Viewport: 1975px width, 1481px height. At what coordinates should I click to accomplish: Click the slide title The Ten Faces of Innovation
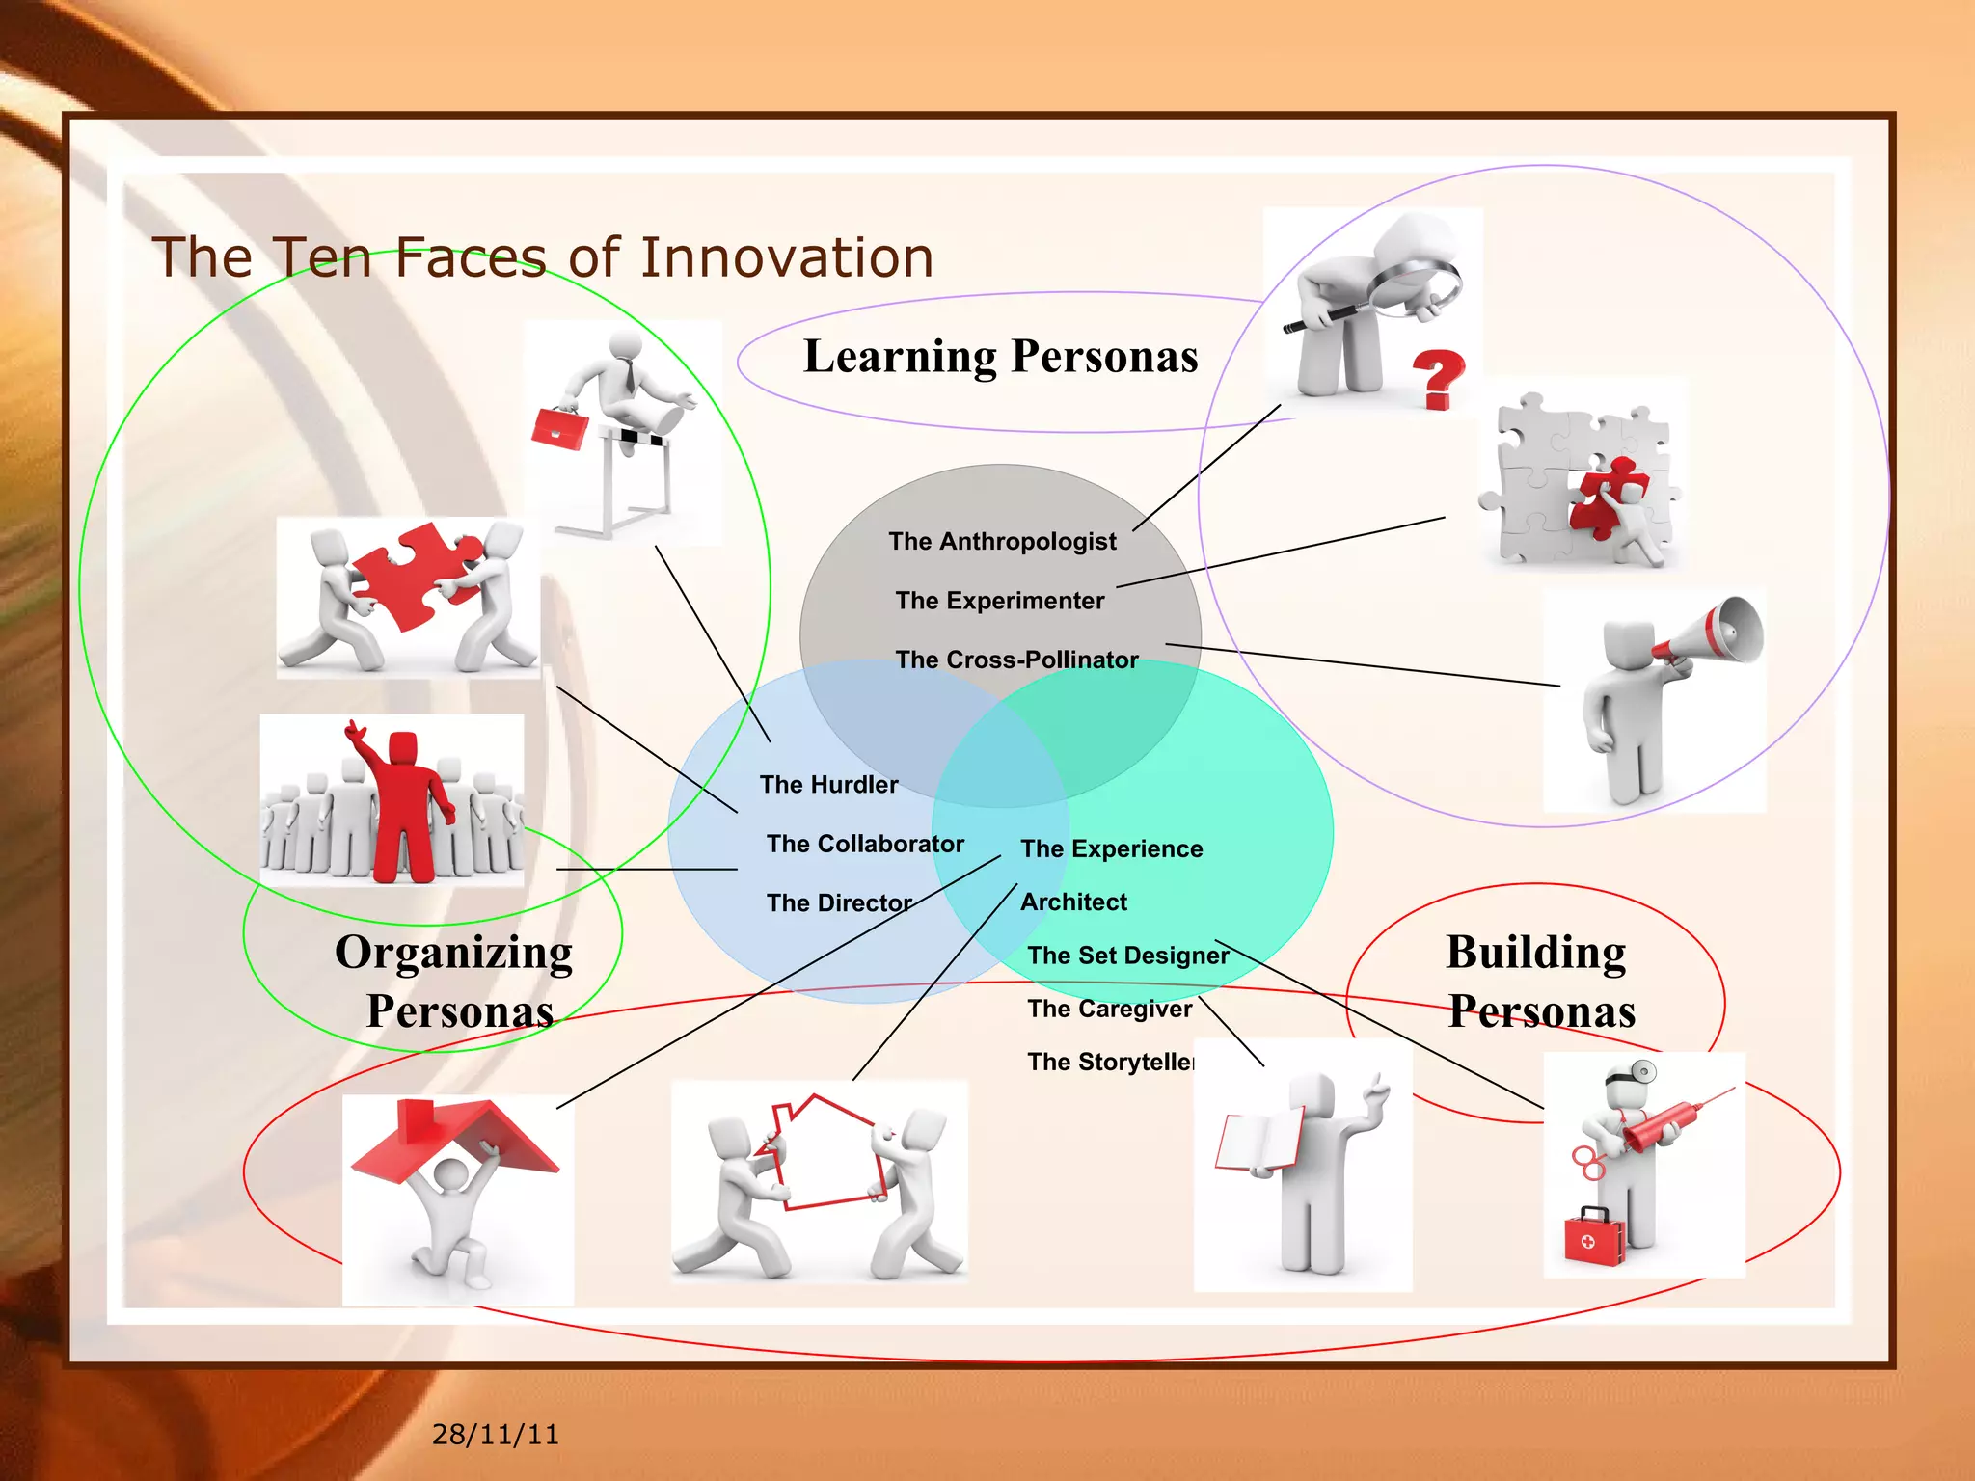[x=543, y=257]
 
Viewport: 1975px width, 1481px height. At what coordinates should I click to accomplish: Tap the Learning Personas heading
[x=1000, y=357]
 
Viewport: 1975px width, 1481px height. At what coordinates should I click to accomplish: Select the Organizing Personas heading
[x=455, y=982]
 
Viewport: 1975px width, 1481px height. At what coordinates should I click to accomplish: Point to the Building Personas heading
[x=1539, y=982]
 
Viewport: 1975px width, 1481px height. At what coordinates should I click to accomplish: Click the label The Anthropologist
[x=1002, y=541]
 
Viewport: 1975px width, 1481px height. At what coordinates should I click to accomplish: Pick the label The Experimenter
[x=999, y=601]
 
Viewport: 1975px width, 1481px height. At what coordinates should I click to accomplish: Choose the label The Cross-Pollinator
[x=1016, y=660]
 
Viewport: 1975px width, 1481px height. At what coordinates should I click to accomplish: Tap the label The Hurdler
[x=828, y=784]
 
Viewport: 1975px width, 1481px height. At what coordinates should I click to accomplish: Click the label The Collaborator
[x=865, y=844]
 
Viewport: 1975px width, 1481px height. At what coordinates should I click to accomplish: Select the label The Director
[x=839, y=902]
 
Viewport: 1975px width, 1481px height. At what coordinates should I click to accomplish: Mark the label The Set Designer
[x=1127, y=956]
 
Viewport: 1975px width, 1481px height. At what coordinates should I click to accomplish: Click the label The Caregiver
[x=1109, y=1009]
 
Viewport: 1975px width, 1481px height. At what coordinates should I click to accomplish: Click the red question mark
[x=1438, y=379]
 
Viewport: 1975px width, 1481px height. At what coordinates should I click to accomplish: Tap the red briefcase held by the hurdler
[x=559, y=428]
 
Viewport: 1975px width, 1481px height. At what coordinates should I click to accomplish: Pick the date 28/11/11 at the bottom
[x=495, y=1434]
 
